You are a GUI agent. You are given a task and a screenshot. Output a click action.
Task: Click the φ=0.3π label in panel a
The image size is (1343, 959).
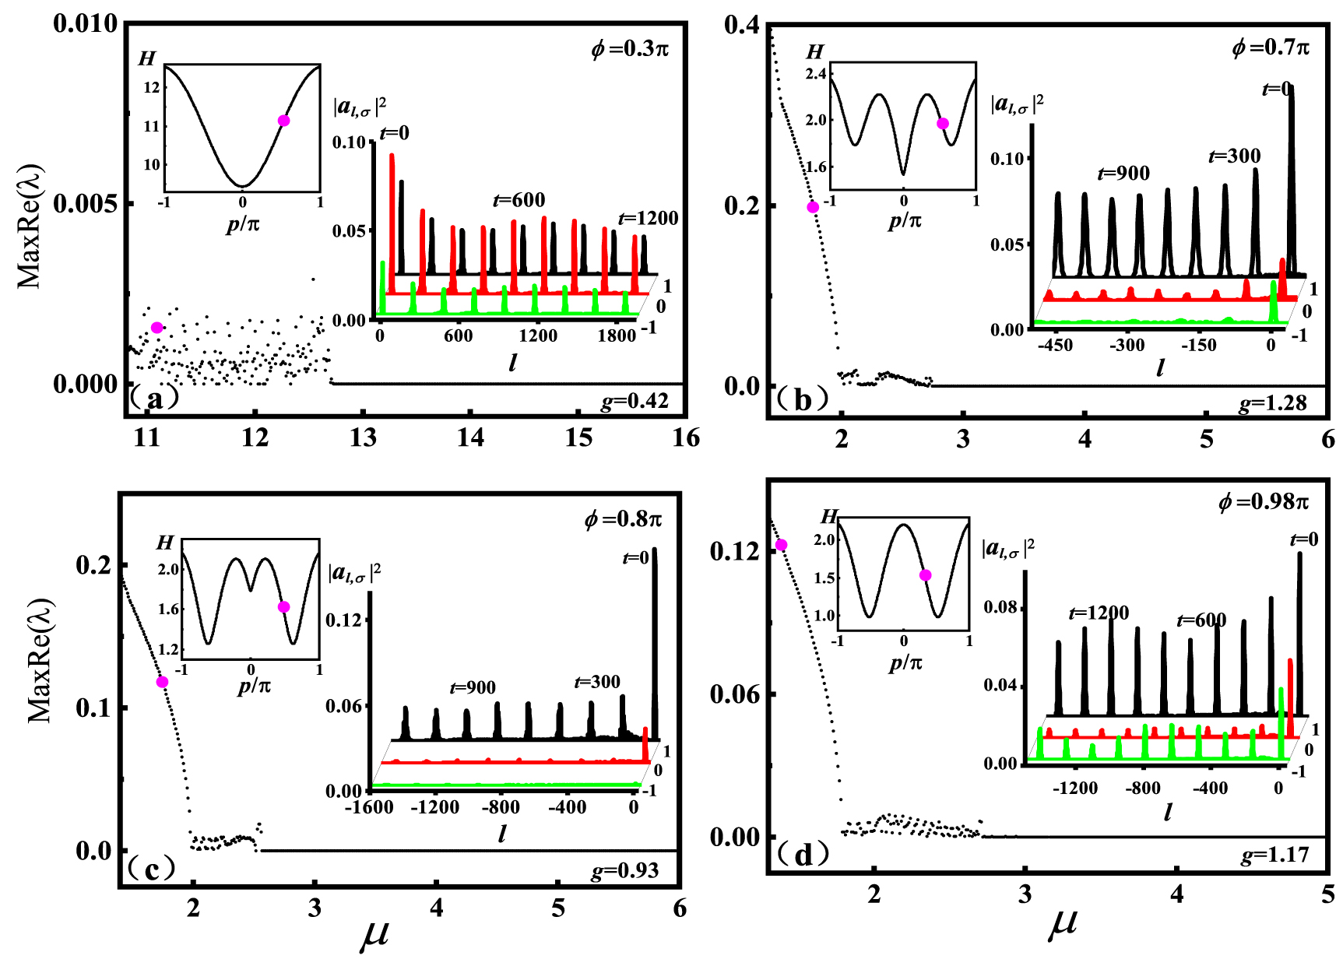pos(629,49)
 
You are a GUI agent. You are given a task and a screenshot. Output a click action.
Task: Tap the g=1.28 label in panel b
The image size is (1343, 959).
pos(1272,403)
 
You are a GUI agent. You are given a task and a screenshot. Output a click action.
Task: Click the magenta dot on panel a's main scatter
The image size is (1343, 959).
pos(156,328)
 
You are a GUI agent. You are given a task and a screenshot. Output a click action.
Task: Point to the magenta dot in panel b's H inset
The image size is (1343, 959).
pos(943,124)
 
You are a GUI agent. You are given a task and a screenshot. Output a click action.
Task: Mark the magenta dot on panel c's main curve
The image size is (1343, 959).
pos(162,682)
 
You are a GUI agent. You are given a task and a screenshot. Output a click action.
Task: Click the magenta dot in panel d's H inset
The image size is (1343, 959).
pos(925,575)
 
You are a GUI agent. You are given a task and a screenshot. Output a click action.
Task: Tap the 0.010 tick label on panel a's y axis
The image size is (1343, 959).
pos(85,23)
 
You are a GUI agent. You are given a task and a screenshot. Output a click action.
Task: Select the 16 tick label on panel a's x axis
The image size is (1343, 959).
pos(685,438)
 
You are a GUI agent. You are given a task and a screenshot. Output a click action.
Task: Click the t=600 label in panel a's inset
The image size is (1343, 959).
pos(519,200)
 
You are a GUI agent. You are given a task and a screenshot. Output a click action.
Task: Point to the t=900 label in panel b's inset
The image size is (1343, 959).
pos(1123,174)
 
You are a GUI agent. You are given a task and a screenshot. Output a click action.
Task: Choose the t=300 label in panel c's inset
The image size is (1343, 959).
pos(597,682)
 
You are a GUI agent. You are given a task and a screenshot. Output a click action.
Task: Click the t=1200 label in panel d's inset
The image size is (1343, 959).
pos(1099,613)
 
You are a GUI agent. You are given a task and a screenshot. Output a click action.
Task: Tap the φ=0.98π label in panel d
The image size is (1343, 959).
pos(1263,502)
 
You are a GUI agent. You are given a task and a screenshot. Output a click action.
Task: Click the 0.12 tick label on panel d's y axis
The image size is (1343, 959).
pos(734,552)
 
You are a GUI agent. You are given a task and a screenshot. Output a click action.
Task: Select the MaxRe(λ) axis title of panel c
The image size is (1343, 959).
pos(40,660)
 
